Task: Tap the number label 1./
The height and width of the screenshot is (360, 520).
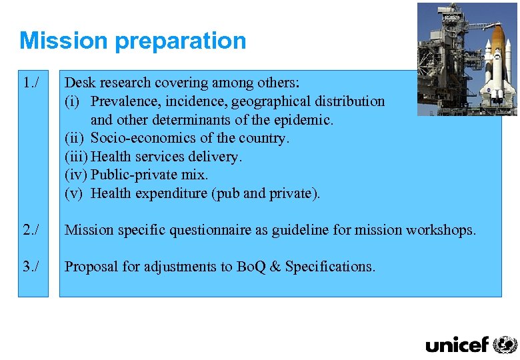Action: [x=31, y=83]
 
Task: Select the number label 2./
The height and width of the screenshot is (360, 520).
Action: [x=31, y=231]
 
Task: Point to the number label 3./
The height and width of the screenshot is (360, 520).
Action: [x=31, y=267]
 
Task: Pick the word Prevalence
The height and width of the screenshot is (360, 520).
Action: [x=125, y=101]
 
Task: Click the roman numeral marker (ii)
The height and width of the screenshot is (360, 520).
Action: [x=75, y=138]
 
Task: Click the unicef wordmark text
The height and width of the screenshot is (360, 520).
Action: [x=457, y=345]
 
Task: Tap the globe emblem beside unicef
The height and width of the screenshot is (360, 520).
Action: [x=505, y=344]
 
